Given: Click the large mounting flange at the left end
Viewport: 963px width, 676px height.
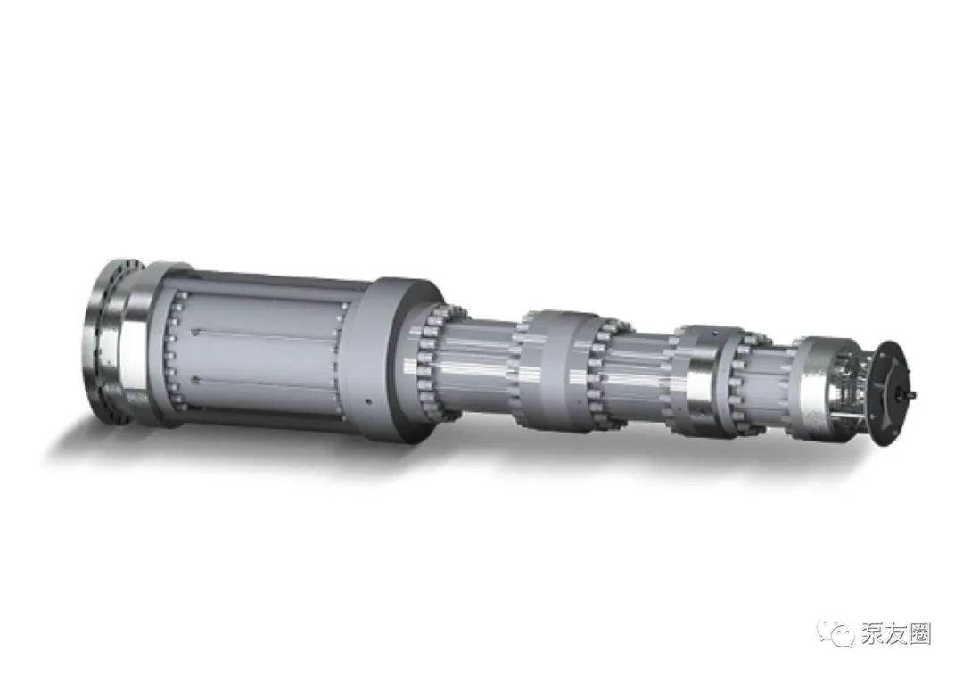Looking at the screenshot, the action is pyautogui.click(x=105, y=340).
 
